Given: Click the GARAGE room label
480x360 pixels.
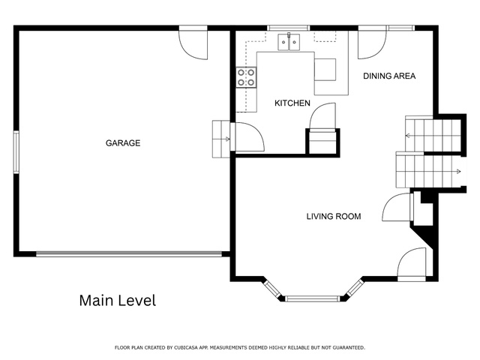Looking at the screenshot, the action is coord(123,143).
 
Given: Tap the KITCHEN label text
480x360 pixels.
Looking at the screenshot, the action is coord(292,103).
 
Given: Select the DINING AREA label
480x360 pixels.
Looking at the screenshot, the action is coord(389,76).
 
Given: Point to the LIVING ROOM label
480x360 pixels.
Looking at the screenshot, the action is coord(334,217).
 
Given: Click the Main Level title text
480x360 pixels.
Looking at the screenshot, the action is coord(118,300).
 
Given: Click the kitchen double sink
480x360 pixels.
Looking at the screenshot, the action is coord(289,42).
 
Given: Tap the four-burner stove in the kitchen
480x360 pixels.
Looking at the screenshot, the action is coord(246,77).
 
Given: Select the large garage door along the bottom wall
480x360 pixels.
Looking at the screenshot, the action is coord(129,253).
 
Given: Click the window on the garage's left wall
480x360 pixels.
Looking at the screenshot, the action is coord(16,152).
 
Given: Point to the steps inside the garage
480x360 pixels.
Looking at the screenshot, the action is coord(221,139).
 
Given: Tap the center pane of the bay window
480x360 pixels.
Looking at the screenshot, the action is coord(312,298).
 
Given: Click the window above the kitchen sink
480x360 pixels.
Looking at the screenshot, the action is coord(288,28).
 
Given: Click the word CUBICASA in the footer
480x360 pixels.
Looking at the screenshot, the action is coord(187,347).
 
